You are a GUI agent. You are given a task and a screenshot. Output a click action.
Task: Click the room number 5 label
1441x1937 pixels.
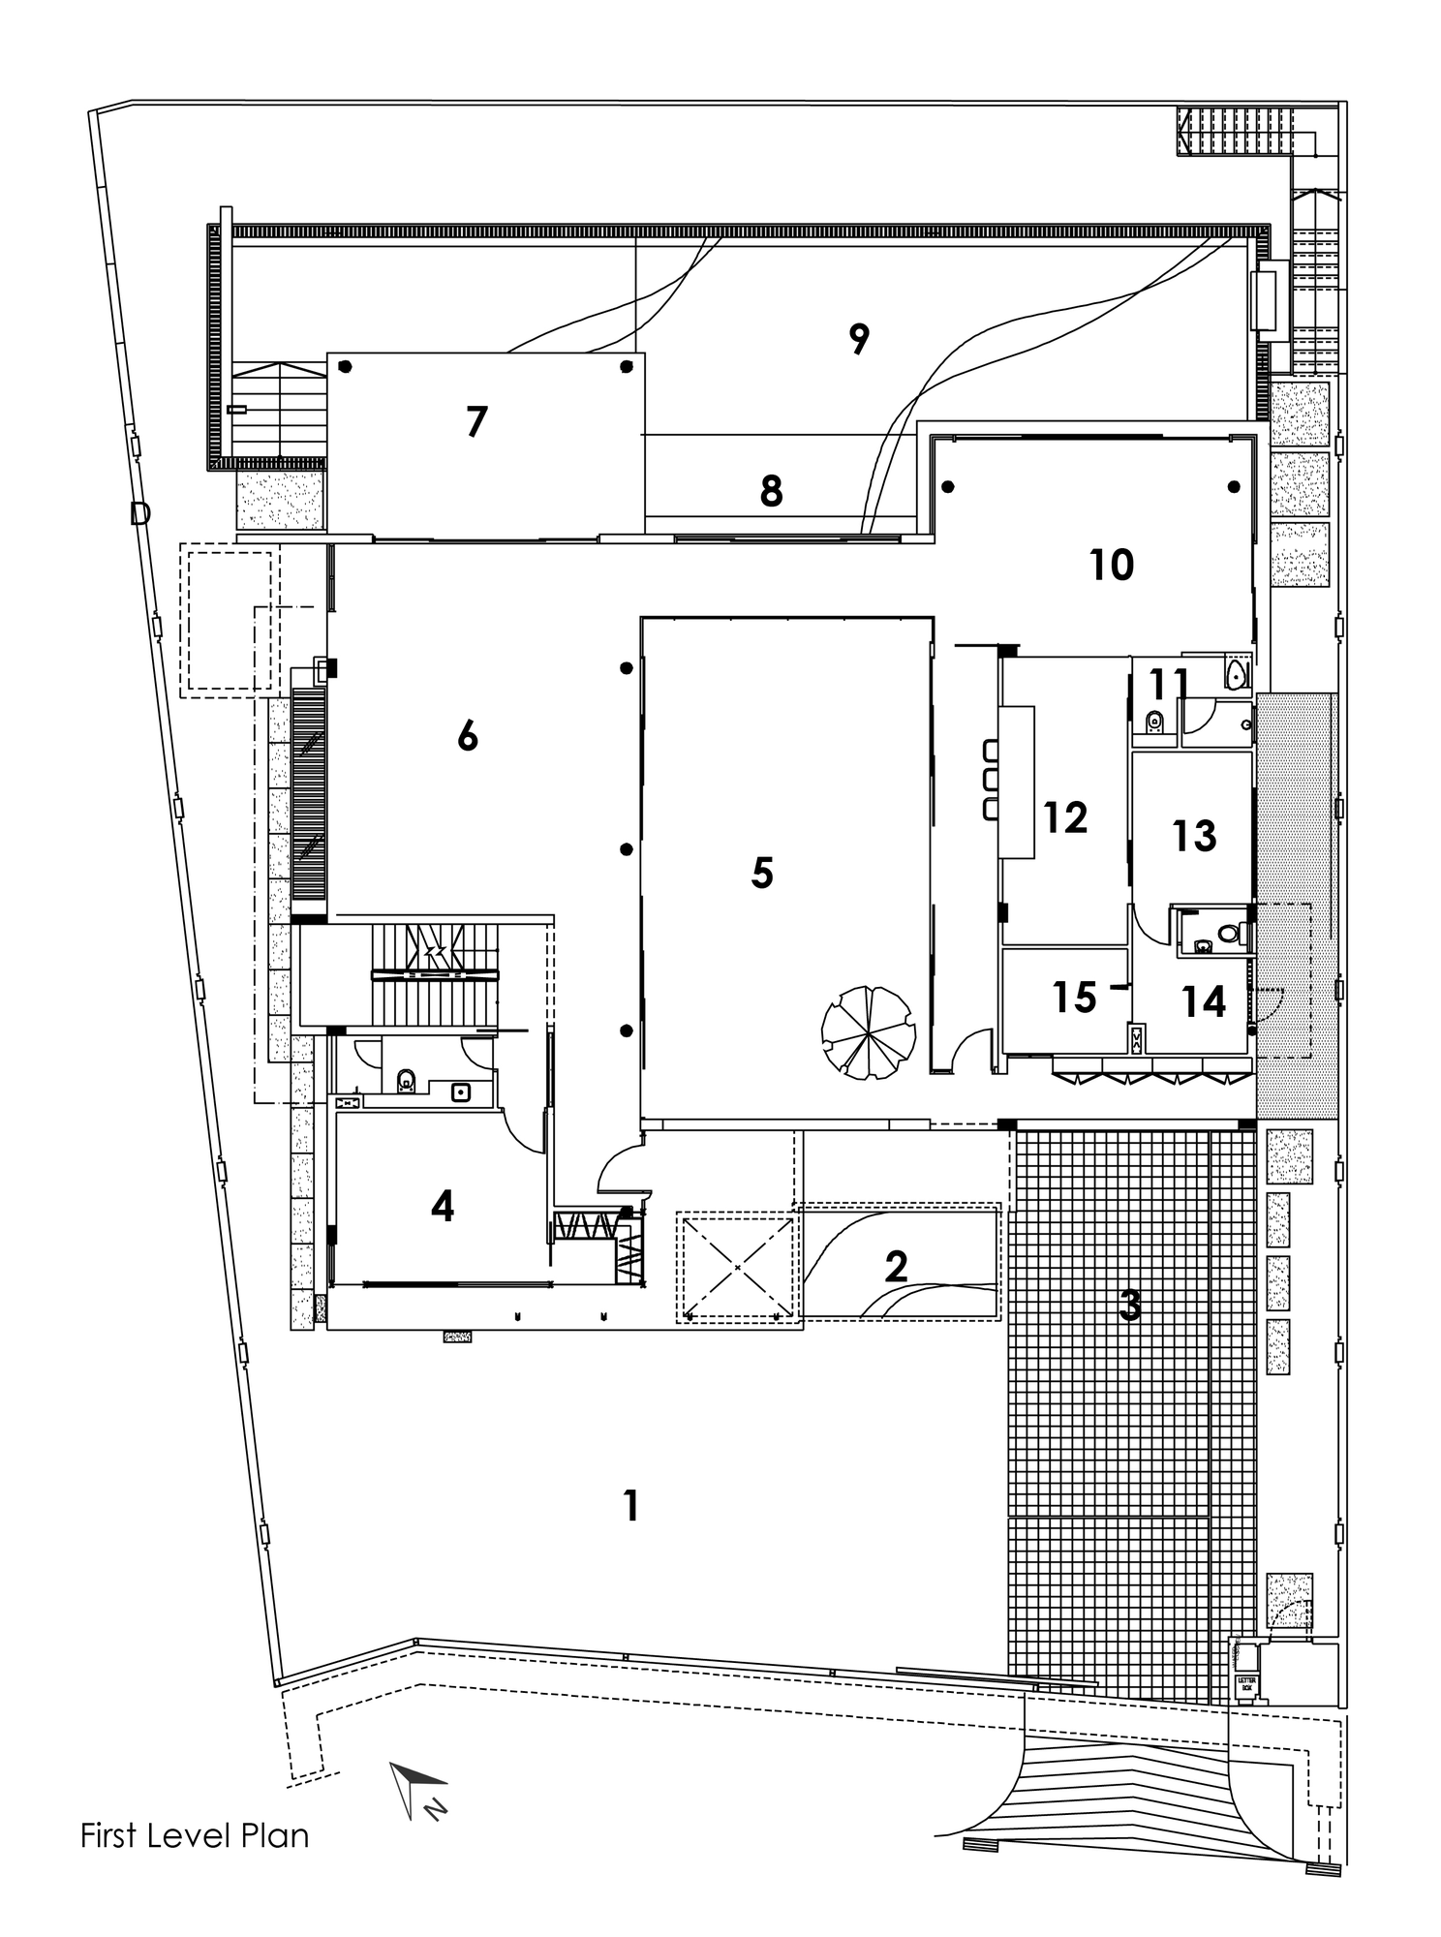pos(762,874)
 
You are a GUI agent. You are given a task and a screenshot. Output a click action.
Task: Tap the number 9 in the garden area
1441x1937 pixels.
pos(859,339)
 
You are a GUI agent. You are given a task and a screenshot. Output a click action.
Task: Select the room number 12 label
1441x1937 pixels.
pos(1065,818)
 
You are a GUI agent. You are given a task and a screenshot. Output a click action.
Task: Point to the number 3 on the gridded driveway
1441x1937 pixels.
pos(1130,1307)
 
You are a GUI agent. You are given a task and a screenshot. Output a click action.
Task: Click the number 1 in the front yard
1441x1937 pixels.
pos(631,1505)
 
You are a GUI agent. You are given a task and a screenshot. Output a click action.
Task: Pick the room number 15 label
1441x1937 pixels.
pos(1074,998)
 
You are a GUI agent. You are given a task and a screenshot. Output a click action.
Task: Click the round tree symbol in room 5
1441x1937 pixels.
pos(868,1031)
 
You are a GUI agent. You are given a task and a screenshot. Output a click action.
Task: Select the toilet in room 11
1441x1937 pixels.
pos(1153,722)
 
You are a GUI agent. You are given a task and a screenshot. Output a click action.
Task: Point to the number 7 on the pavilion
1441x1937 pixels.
pos(475,422)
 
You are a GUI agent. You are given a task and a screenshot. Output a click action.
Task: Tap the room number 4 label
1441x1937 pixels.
pos(443,1206)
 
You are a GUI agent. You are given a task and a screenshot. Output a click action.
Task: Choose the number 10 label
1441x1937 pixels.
pos(1111,565)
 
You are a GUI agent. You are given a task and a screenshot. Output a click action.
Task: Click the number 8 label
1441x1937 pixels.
pos(771,492)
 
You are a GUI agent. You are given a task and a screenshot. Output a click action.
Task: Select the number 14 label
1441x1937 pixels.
pos(1203,1001)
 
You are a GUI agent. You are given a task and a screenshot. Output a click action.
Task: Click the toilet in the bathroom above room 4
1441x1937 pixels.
pos(406,1078)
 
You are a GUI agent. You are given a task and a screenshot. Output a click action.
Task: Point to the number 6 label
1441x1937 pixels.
pos(468,738)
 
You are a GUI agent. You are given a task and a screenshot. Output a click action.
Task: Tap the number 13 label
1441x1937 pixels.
pos(1193,835)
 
